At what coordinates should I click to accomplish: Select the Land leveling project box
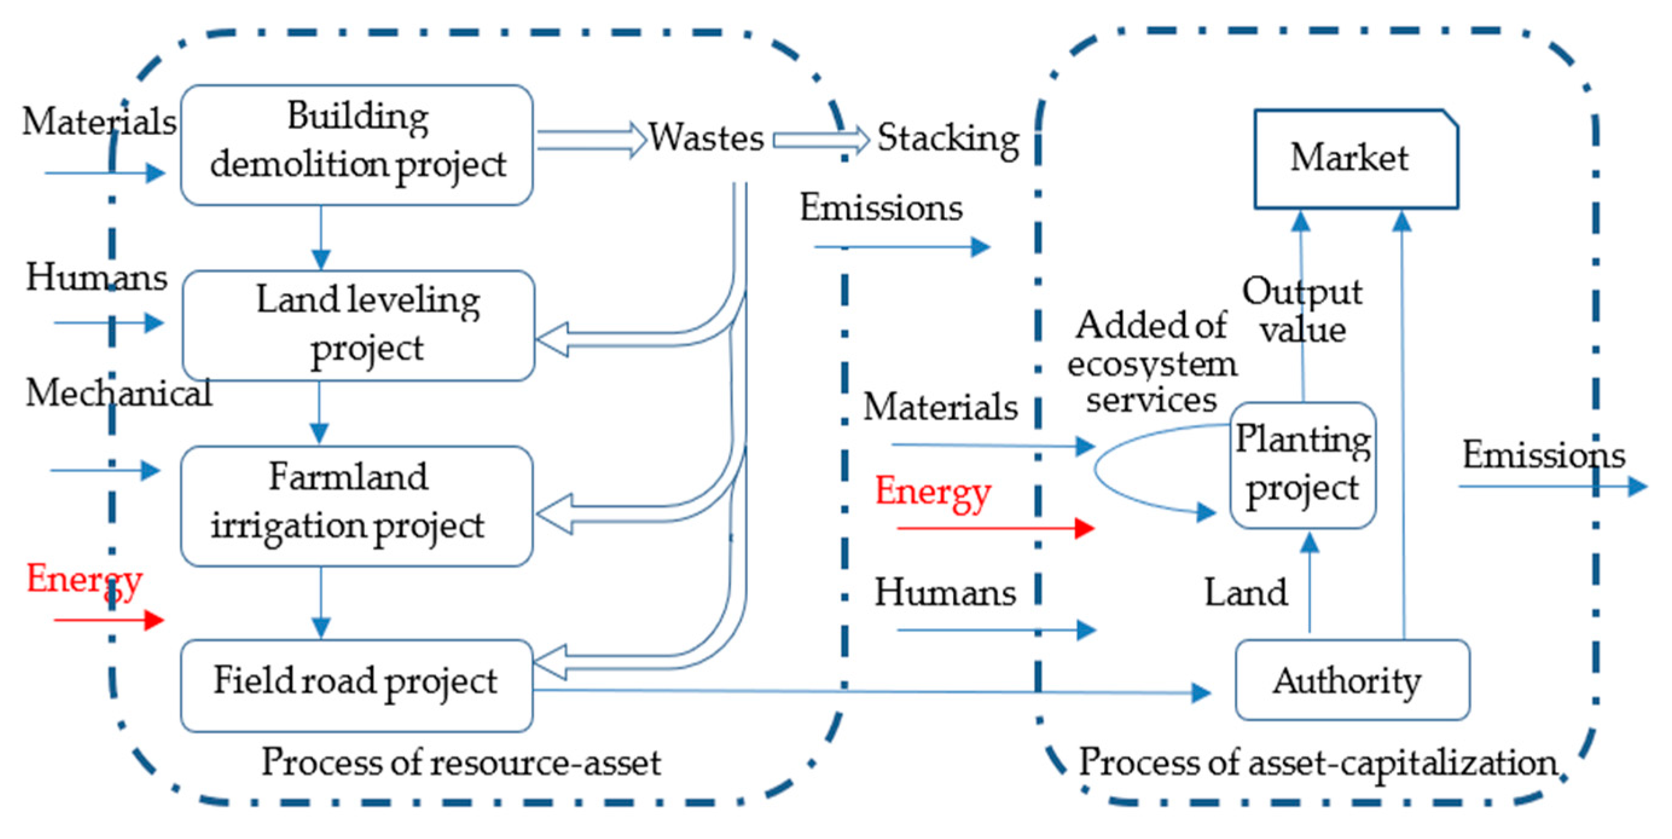pos(358,325)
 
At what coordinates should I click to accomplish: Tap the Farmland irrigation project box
pos(356,506)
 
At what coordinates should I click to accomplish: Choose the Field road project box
pos(356,685)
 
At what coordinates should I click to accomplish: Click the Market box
pos(1355,159)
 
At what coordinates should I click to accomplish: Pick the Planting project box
pos(1303,465)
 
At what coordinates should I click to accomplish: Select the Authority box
pos(1352,681)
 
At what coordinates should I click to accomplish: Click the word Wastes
pos(706,138)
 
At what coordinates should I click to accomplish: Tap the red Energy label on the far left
pos(85,579)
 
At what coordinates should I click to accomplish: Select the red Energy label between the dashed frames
pos(932,492)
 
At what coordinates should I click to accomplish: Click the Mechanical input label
pos(118,393)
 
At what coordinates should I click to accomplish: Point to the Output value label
pos(1302,309)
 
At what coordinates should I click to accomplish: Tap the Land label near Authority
pos(1246,592)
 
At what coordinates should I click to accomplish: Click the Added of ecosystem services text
pos(1151,361)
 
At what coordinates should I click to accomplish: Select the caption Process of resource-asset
pos(461,762)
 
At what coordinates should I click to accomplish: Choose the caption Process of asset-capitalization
pos(1317,762)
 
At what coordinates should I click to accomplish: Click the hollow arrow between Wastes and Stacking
pos(820,140)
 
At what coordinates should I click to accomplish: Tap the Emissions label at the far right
pos(1543,455)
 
